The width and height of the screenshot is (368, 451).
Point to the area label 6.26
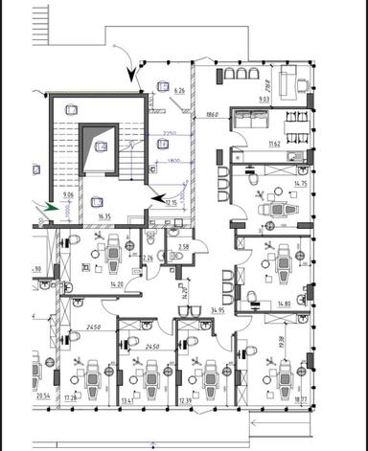(177, 90)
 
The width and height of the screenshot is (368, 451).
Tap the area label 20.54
(42, 395)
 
